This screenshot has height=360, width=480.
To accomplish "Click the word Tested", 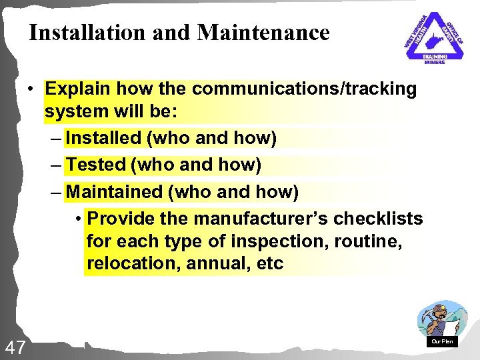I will click(97, 164).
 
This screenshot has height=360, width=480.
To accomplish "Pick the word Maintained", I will click(115, 192).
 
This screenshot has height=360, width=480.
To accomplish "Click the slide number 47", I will click(15, 347).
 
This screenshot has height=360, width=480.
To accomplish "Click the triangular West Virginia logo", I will click(435, 37).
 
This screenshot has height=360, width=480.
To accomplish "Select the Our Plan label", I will click(442, 341).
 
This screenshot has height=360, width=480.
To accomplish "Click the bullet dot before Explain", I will click(31, 89).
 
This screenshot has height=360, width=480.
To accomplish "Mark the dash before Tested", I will click(57, 165).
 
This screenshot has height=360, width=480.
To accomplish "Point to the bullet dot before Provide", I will click(79, 219).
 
